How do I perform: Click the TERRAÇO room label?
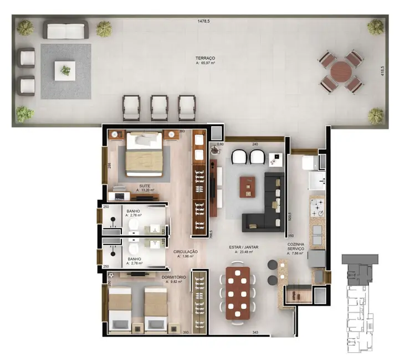[205, 58]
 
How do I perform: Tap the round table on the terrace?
[340, 72]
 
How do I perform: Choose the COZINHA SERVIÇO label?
[296, 247]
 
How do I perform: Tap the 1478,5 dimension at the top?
[204, 21]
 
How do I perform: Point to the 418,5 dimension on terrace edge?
[382, 71]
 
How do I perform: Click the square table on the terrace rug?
[65, 70]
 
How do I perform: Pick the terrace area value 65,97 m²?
[205, 64]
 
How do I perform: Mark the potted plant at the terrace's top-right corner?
[376, 27]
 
